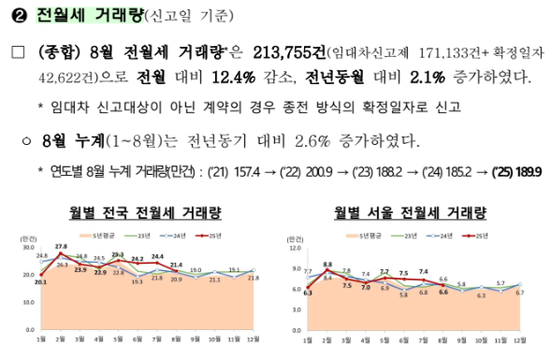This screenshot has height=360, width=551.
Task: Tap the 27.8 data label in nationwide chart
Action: coord(62,246)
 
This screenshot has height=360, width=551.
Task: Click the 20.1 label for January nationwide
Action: coord(40,281)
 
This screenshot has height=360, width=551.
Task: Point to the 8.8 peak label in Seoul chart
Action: coord(327,265)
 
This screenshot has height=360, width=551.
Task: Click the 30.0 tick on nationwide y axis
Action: coord(28,248)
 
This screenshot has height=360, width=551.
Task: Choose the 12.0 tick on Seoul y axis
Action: coord(296,249)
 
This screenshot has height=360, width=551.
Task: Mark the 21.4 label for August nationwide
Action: coord(176,266)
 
